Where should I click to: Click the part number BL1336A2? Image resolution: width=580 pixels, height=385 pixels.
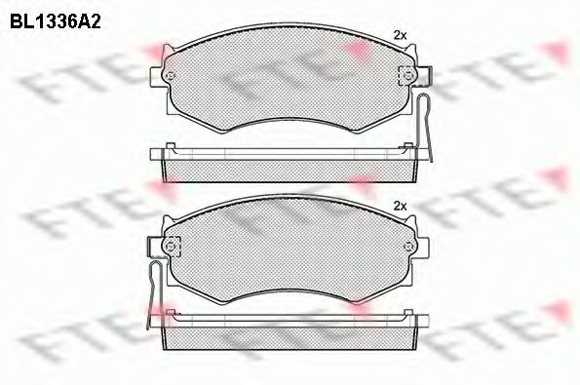click(56, 22)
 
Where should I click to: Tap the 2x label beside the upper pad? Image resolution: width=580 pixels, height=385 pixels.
click(400, 35)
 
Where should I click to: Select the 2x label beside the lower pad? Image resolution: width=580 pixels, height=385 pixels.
click(400, 206)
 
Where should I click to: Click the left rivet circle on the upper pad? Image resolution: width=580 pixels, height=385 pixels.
click(171, 76)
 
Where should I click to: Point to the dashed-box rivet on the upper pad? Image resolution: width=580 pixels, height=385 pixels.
click(407, 76)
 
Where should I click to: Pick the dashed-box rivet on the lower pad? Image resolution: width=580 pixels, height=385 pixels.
click(171, 247)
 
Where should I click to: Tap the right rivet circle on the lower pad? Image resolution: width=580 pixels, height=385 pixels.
click(408, 247)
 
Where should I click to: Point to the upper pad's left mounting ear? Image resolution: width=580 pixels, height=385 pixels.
click(157, 76)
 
